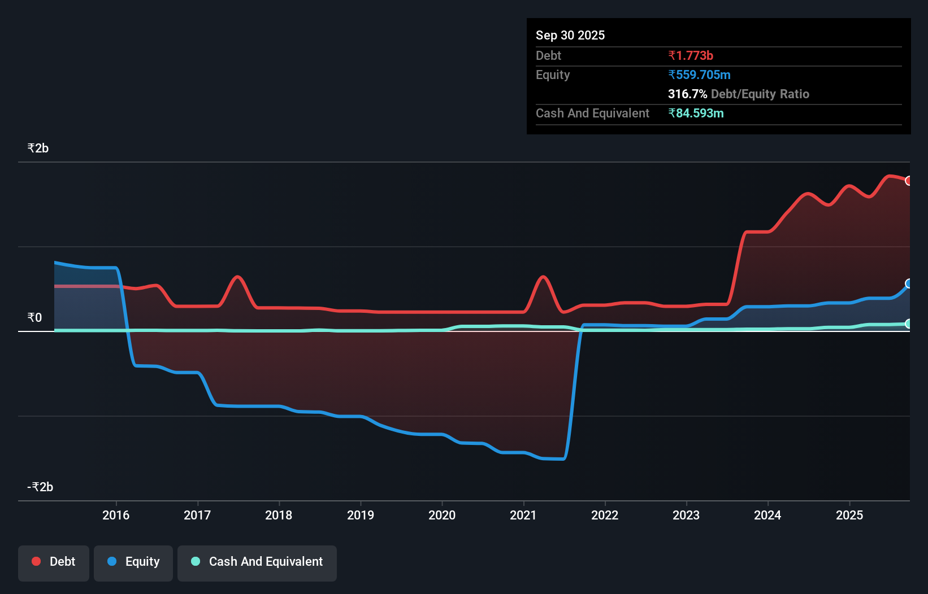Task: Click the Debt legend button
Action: (x=54, y=562)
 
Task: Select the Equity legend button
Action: (x=133, y=562)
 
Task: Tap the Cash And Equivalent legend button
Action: (x=257, y=562)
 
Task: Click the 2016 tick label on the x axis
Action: (x=116, y=515)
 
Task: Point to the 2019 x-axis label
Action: (x=361, y=515)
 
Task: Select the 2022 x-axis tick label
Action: (x=605, y=515)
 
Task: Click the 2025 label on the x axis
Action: (x=849, y=515)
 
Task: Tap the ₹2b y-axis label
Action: (x=38, y=148)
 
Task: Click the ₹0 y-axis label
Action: (x=34, y=318)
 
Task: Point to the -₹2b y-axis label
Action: (x=40, y=487)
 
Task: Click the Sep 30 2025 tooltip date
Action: (x=570, y=35)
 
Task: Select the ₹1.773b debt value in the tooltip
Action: (x=691, y=55)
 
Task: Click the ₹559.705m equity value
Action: (x=699, y=75)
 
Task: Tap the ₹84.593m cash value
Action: (x=696, y=113)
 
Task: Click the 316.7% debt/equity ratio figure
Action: (x=687, y=94)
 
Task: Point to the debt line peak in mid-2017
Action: (x=238, y=277)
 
